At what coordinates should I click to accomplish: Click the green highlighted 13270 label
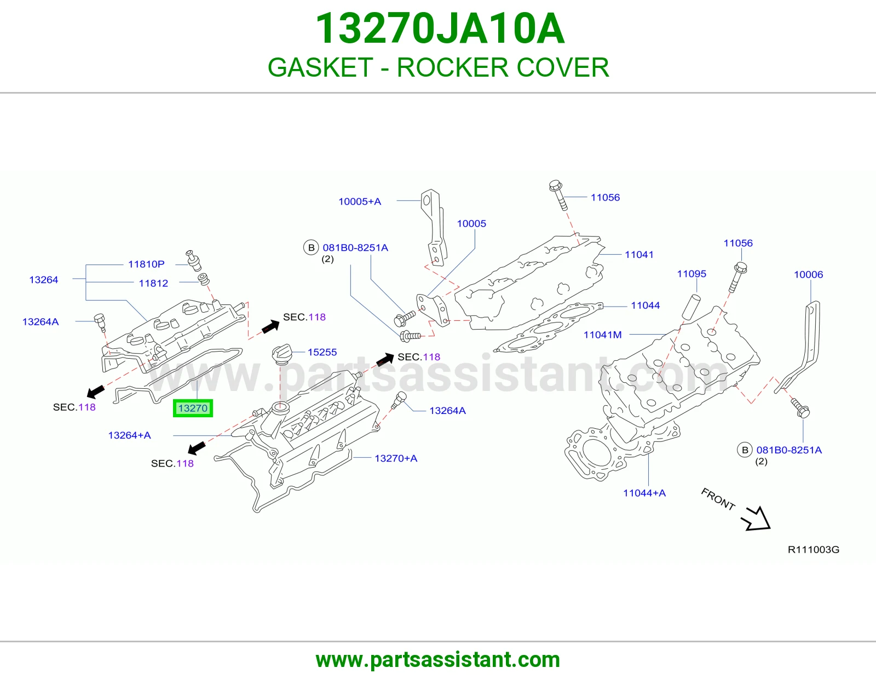click(193, 408)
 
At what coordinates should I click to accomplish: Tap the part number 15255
click(322, 352)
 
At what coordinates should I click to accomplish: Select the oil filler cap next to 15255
click(282, 354)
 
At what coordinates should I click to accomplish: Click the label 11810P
click(146, 264)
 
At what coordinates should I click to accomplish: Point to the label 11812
click(153, 283)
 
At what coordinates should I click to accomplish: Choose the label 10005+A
click(360, 201)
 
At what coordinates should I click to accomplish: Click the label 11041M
click(603, 335)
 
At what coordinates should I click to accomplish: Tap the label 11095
click(691, 274)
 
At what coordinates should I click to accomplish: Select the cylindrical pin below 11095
click(691, 307)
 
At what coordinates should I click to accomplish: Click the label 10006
click(808, 274)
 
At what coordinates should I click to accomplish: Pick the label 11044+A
click(644, 493)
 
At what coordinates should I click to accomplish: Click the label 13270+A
click(396, 458)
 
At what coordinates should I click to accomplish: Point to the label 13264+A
click(129, 435)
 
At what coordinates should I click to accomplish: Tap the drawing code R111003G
click(814, 550)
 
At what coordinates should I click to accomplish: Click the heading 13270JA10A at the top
click(440, 28)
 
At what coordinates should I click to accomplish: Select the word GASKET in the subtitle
click(320, 67)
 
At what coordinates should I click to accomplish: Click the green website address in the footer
click(438, 660)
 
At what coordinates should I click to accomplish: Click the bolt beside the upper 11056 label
click(559, 195)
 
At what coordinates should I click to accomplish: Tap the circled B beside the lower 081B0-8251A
click(745, 450)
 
